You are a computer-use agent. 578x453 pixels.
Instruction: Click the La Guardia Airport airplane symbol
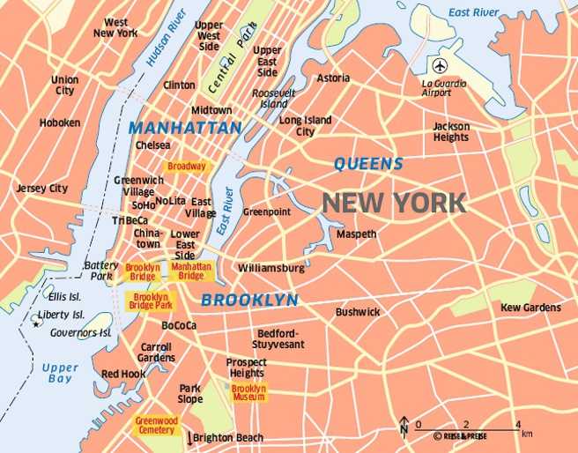pos(439,66)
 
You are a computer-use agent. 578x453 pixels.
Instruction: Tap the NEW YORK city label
pos(393,203)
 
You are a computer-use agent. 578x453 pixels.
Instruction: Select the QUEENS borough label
pos(368,163)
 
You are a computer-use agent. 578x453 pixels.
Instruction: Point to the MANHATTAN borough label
pos(185,128)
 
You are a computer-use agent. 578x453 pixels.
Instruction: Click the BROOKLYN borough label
pos(249,300)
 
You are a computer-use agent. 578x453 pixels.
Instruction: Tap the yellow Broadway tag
pos(186,166)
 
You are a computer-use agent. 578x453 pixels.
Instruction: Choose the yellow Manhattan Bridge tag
pos(191,271)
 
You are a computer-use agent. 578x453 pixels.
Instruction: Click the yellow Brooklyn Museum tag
pos(248,393)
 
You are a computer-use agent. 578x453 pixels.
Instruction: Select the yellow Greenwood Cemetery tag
pos(156,426)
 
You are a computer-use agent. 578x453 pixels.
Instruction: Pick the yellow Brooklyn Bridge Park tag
pos(151,301)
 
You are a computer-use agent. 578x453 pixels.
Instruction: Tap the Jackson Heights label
pos(451,132)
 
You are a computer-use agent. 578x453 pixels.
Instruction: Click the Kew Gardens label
pos(530,308)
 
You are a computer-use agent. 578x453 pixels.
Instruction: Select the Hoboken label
pos(60,123)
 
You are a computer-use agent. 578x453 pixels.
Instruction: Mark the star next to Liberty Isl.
pos(36,324)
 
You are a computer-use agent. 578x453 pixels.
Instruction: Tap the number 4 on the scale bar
pos(518,424)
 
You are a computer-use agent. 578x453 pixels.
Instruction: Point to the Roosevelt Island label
pos(274,99)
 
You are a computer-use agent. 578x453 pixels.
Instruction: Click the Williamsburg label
pos(271,267)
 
